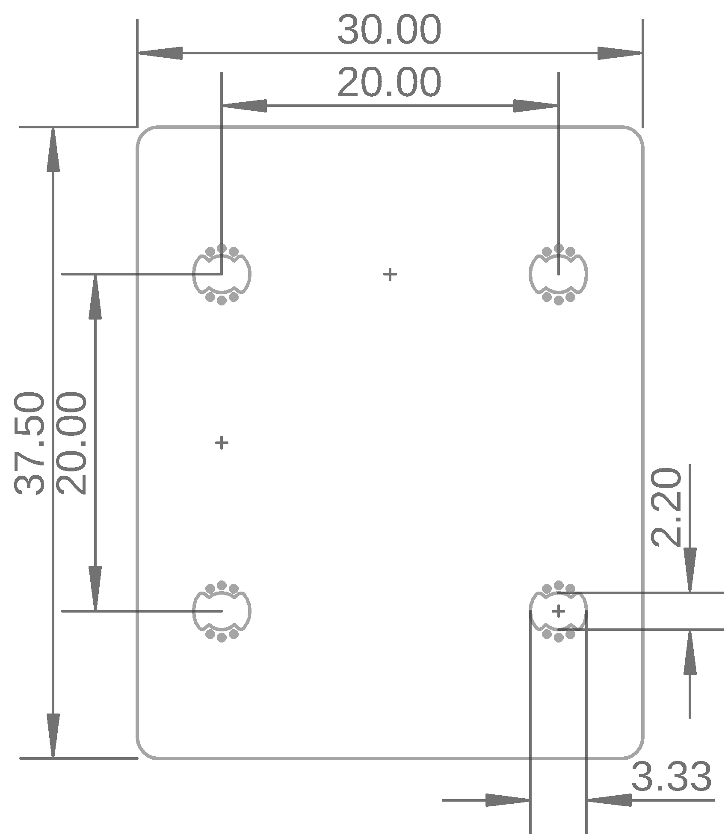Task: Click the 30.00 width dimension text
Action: (x=389, y=30)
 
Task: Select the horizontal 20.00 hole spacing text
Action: (x=389, y=83)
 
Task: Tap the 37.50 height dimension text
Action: (x=29, y=443)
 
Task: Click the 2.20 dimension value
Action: (x=666, y=506)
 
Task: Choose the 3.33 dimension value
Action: (x=671, y=776)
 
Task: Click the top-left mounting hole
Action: (x=222, y=274)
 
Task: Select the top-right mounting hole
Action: (x=558, y=274)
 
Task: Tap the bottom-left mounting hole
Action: (x=222, y=611)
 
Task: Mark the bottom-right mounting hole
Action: (x=558, y=611)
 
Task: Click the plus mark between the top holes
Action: (x=390, y=274)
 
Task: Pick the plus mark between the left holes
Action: (x=222, y=443)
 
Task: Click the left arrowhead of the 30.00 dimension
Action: (x=160, y=53)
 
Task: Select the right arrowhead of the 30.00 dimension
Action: (x=619, y=53)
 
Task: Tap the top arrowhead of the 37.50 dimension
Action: (x=53, y=150)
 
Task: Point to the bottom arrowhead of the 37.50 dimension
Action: (x=53, y=736)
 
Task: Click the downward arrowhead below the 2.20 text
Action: (x=689, y=570)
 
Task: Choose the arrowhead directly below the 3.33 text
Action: (x=610, y=799)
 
